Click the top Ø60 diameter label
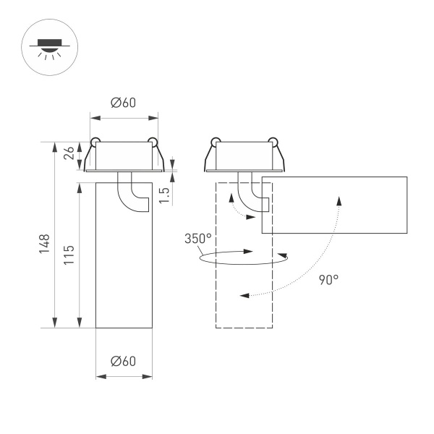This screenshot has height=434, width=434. point(123,103)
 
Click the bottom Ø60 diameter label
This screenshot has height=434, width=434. point(124,361)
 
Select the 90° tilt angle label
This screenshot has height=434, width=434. point(328,278)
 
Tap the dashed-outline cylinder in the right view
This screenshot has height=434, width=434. point(244,289)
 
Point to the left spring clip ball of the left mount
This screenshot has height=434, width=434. point(95,140)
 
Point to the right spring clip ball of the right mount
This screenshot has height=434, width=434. point(272,140)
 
